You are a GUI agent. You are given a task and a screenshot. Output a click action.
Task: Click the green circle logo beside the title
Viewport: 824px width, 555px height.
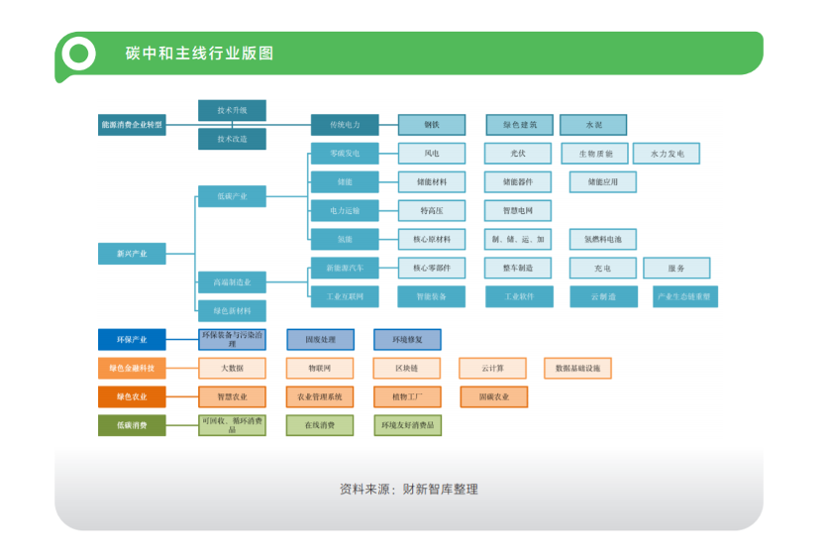click(77, 54)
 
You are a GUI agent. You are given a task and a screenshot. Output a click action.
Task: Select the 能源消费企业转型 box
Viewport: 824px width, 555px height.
click(132, 125)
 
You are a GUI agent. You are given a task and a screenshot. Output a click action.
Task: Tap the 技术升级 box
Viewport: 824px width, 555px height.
click(232, 110)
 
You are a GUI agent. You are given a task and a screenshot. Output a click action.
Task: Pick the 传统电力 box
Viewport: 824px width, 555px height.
click(345, 125)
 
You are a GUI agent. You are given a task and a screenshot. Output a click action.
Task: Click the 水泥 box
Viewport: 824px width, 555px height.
click(593, 125)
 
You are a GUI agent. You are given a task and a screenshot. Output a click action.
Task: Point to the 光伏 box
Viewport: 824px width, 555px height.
click(518, 154)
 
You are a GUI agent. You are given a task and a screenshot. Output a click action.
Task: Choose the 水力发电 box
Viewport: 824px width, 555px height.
click(667, 154)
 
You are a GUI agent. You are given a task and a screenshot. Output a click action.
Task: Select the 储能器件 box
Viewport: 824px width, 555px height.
click(518, 182)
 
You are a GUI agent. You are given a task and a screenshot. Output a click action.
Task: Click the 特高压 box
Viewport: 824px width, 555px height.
click(431, 210)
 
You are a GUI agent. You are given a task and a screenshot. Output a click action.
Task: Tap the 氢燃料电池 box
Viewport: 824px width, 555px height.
click(602, 239)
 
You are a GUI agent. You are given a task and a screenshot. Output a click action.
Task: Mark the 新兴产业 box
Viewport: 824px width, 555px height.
click(132, 254)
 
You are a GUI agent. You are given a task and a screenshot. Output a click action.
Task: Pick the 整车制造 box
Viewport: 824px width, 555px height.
click(518, 268)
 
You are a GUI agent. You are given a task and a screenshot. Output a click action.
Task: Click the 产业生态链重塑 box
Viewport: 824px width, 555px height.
click(685, 296)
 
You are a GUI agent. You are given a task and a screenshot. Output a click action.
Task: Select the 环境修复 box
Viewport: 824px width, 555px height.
click(407, 340)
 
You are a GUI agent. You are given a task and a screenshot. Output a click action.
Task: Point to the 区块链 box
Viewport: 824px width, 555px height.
click(407, 368)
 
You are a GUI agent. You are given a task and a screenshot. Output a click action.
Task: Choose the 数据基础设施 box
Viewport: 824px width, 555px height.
click(578, 368)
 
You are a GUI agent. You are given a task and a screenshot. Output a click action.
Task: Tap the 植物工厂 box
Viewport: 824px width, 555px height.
click(407, 396)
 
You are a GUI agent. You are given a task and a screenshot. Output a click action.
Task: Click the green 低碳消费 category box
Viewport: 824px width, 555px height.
click(132, 425)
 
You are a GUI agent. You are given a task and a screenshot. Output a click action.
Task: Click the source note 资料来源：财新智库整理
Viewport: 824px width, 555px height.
click(409, 489)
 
